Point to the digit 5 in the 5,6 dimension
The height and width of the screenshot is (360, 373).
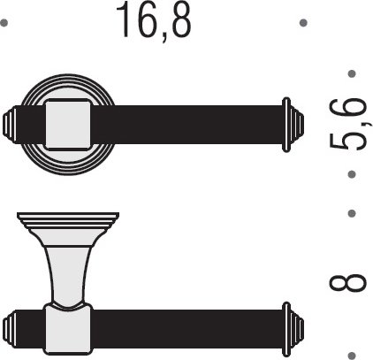point(347,142)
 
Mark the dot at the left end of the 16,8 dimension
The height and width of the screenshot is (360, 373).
point(4,23)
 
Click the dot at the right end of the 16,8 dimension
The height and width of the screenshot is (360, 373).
point(303,23)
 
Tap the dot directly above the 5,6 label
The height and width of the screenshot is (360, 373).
point(352,73)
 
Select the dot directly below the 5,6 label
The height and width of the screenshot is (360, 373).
point(352,174)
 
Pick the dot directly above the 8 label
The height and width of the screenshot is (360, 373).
point(352,213)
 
